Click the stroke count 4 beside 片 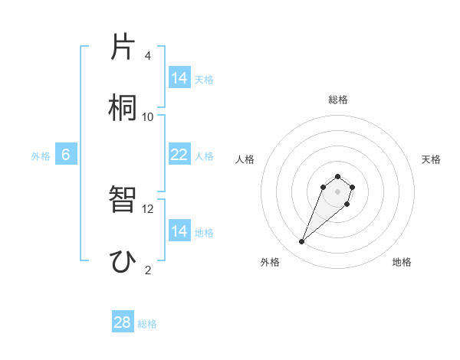(148, 56)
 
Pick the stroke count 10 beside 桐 (148, 116)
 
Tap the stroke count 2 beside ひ (148, 269)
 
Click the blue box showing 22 (179, 155)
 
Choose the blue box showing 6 (66, 155)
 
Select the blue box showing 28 (123, 322)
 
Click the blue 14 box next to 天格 (179, 77)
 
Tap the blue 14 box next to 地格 (179, 231)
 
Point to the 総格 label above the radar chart (338, 100)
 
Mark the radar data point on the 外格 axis (302, 242)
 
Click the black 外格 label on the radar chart (270, 263)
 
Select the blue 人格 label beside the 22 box (204, 155)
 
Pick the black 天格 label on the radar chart (431, 159)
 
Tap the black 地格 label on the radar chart (402, 263)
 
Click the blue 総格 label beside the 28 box (147, 324)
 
